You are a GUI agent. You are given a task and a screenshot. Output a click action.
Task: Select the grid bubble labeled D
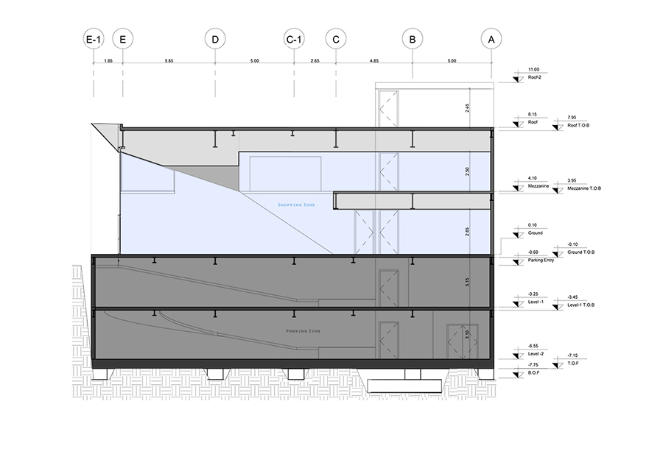click(x=215, y=38)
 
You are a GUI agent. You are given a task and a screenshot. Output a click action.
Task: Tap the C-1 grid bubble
click(x=294, y=38)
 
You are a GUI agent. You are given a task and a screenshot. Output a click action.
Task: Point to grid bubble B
click(x=413, y=38)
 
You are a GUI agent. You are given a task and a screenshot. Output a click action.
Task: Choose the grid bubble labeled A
click(x=491, y=38)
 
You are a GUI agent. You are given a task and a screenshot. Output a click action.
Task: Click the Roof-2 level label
click(x=536, y=77)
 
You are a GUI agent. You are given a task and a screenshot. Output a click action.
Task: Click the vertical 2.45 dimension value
click(x=467, y=107)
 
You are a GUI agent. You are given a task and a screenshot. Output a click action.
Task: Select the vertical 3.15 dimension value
click(x=467, y=280)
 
